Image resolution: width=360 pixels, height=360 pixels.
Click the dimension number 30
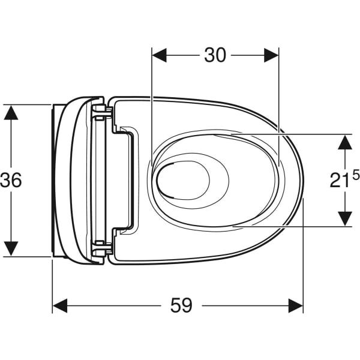[215, 55]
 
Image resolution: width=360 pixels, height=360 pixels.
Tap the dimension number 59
[181, 305]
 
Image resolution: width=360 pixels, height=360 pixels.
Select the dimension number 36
[11, 180]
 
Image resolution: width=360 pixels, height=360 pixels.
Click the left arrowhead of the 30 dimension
[160, 55]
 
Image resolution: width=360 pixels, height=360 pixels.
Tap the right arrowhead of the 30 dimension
[271, 55]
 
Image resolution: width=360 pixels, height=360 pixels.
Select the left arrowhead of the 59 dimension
[60, 305]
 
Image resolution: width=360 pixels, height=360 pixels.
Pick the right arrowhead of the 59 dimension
[296, 305]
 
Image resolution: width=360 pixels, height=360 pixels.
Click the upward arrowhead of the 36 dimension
[11, 112]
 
